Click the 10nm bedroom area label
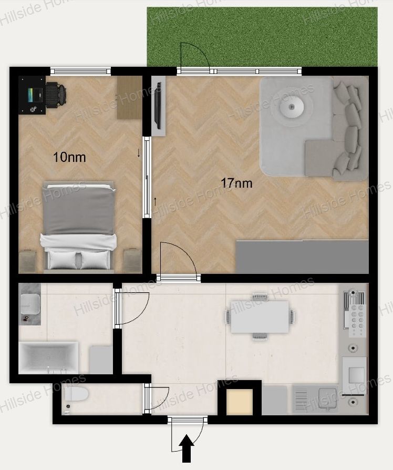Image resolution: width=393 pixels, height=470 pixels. click(69, 157)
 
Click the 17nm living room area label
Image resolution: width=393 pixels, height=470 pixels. click(236, 183)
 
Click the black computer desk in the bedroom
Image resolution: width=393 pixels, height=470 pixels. click(33, 95)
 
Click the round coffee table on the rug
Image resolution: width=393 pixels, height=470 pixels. click(292, 106)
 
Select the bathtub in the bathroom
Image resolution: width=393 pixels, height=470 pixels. click(48, 357)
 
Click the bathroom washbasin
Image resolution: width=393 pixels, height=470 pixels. click(30, 304)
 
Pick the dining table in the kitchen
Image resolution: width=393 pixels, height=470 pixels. click(260, 316)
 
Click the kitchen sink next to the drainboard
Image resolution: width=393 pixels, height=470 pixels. click(328, 399)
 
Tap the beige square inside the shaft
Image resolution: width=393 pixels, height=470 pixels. click(240, 402)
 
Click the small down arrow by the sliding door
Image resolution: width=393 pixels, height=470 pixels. click(138, 153)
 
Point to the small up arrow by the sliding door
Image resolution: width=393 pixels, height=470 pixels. click(155, 202)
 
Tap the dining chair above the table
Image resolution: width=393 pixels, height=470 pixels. click(260, 297)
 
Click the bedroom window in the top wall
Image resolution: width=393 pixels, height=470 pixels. click(80, 71)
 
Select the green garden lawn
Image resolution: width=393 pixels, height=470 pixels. click(262, 37)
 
